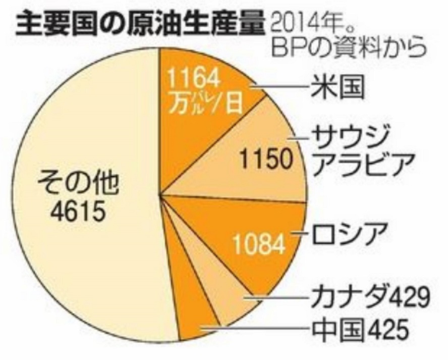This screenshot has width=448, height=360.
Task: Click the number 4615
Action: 78,212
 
